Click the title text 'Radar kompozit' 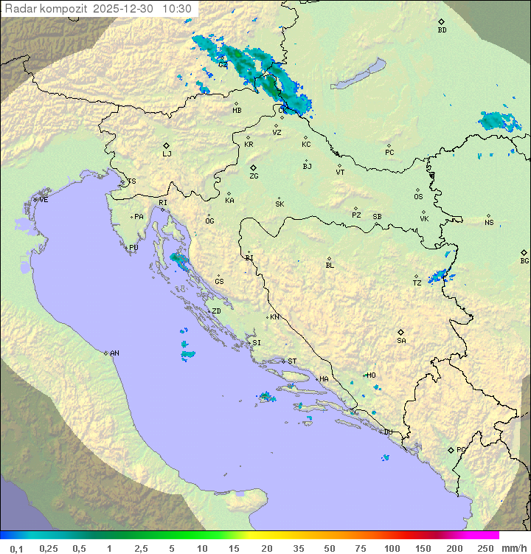(x=44, y=9)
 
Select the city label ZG (x=254, y=177)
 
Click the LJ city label (x=167, y=154)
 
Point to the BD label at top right (x=442, y=30)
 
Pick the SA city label (x=401, y=341)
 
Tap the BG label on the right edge (x=524, y=261)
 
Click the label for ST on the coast (x=292, y=361)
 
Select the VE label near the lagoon (x=44, y=200)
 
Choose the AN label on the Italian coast (x=114, y=353)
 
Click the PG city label (x=461, y=450)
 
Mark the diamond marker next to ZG (x=253, y=168)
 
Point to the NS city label (x=489, y=223)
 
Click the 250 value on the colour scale (x=485, y=548)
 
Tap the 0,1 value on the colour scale (x=16, y=548)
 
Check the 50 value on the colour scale (x=330, y=548)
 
